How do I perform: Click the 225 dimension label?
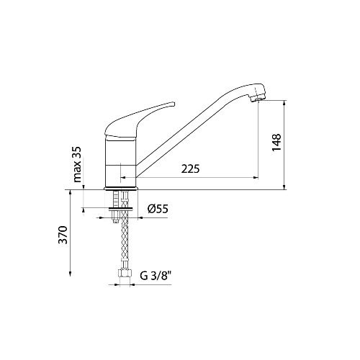pos(190,168)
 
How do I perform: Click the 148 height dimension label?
pos(276,143)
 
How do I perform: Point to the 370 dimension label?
pos(63,235)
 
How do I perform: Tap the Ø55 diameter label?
pos(158,209)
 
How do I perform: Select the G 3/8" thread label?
pos(156,276)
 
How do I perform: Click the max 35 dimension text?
pos(77,164)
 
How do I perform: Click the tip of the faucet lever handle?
pos(174,104)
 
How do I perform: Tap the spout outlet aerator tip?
pos(257,99)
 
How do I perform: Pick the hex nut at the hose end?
pos(125,273)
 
